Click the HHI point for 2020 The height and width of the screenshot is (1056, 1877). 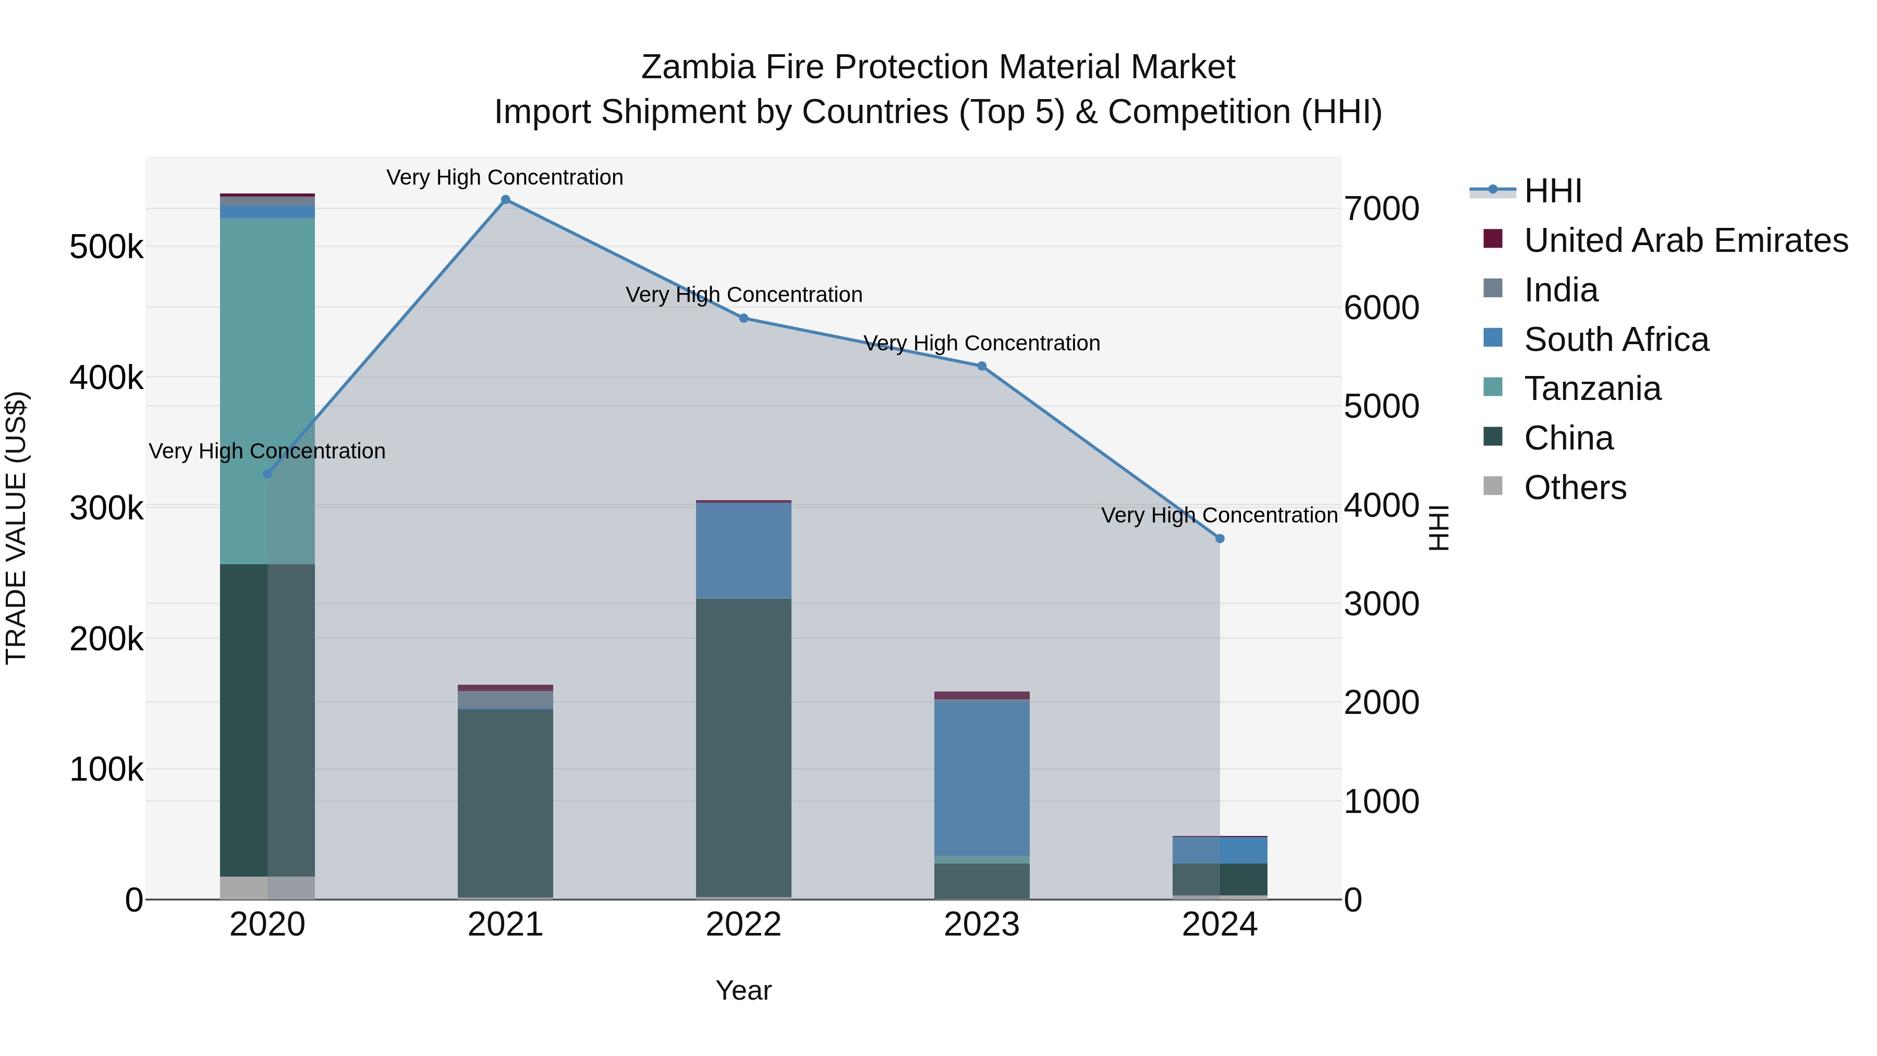point(267,474)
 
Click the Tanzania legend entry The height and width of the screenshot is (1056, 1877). point(1592,389)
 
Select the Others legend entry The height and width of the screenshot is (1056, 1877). point(1575,488)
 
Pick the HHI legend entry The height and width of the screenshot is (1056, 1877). point(1552,191)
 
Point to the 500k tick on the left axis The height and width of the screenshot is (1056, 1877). point(106,248)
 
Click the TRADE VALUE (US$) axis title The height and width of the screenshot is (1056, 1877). point(17,528)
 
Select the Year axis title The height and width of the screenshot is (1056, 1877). point(743,990)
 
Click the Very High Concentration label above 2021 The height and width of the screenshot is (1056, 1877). point(505,178)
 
